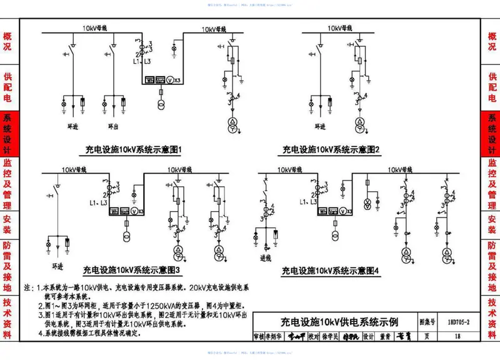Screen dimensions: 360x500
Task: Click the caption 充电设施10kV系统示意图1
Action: tap(133, 150)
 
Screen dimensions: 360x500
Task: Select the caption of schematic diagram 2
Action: tap(331, 150)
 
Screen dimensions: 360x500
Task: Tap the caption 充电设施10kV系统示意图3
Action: tap(132, 270)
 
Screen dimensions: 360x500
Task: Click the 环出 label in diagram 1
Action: tap(113, 126)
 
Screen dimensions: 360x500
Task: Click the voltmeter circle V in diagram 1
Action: tap(167, 80)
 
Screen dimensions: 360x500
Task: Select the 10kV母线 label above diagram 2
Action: tap(341, 29)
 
